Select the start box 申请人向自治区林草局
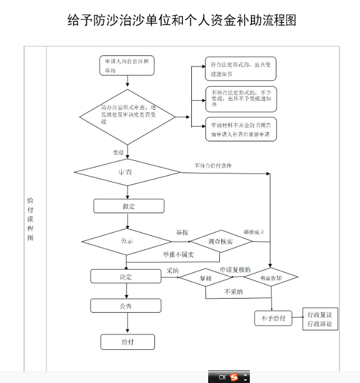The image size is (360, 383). click(127, 65)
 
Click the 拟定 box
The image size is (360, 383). click(129, 206)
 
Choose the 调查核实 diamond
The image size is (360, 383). click(220, 242)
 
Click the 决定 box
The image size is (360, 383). click(125, 276)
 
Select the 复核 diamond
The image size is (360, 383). click(205, 277)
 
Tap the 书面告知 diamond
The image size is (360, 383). click(271, 277)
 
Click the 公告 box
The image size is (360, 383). click(125, 306)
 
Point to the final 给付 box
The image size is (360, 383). click(128, 342)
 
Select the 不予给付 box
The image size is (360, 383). click(273, 319)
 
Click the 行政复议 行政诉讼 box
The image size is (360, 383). click(319, 319)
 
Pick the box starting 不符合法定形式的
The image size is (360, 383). click(240, 98)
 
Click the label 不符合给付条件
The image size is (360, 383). click(213, 166)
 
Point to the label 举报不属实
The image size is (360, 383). click(178, 254)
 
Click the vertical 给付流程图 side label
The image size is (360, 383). click(30, 219)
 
